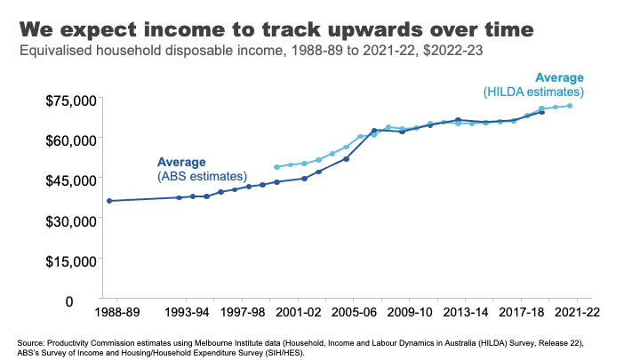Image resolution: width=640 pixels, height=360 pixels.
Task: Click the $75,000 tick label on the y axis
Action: tap(72, 100)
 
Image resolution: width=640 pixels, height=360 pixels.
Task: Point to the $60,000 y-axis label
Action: tap(72, 140)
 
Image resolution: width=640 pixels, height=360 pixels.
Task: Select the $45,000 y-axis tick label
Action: tap(72, 180)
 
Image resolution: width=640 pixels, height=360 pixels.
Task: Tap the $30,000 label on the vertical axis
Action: tap(72, 220)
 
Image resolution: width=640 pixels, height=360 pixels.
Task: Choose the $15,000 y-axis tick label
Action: tap(72, 261)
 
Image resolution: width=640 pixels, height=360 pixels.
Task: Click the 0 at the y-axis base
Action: tap(92, 301)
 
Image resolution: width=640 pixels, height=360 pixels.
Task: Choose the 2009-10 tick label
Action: tap(410, 314)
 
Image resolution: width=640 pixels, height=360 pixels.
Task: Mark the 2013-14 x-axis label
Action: tap(466, 314)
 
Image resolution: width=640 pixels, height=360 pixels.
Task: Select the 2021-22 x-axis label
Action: tap(575, 314)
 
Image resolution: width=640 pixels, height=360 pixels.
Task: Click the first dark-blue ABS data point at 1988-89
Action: tap(109, 201)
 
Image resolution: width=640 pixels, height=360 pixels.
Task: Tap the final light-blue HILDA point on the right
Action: tap(570, 106)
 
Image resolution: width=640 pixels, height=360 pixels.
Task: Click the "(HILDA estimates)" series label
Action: tap(533, 92)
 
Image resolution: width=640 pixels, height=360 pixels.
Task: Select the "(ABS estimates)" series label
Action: tap(194, 177)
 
